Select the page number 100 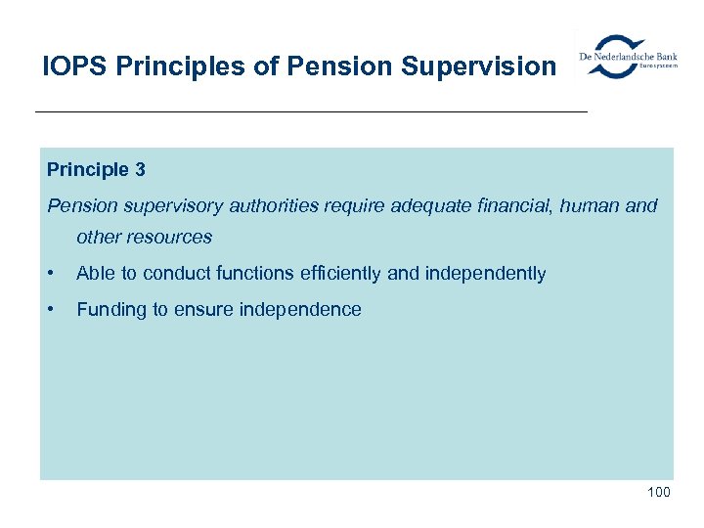click(x=658, y=492)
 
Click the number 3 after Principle click(x=141, y=170)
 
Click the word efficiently click(x=341, y=274)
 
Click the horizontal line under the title click(x=311, y=113)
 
